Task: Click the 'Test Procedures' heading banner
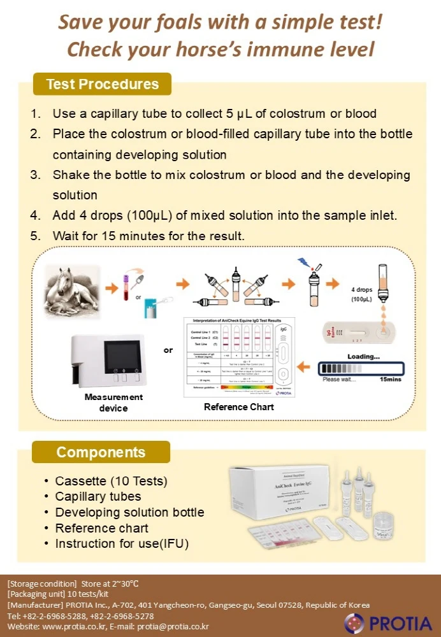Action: tap(102, 84)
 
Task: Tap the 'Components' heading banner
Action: tap(101, 452)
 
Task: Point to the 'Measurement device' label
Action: tap(113, 402)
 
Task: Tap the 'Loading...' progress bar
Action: tap(362, 368)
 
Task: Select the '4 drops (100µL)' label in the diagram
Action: tap(362, 294)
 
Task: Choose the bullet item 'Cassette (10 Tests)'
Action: tap(111, 481)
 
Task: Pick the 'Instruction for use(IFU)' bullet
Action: tap(122, 543)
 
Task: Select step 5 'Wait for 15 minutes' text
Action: tap(148, 236)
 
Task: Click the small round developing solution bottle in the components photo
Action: tap(387, 526)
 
